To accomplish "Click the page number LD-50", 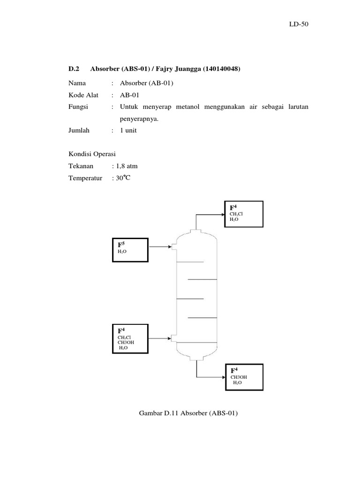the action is pos(299,24).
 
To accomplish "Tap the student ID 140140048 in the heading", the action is pos(222,69).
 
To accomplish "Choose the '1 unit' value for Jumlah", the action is pos(128,131).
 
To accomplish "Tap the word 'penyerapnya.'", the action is pos(139,119).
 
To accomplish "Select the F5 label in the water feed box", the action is pos(121,244).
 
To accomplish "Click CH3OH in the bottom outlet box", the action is pos(238,377).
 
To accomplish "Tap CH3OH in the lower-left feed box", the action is pos(126,343).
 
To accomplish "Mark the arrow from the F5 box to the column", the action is pos(160,247).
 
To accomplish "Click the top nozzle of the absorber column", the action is pos(196,231).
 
